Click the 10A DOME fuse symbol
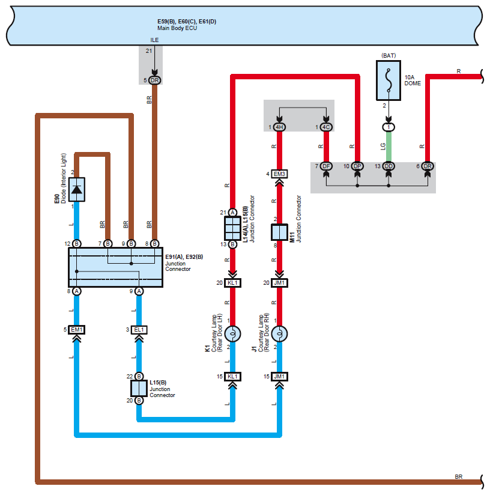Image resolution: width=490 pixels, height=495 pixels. tap(389, 82)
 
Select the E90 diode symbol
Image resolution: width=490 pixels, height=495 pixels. tap(77, 189)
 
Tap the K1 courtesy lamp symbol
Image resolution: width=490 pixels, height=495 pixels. tap(232, 333)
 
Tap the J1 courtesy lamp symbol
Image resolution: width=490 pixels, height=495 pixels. tap(279, 333)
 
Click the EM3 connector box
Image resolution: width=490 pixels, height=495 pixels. tap(279, 174)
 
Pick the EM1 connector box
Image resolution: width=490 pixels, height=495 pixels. tap(77, 330)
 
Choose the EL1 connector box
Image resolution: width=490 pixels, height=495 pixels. tap(139, 330)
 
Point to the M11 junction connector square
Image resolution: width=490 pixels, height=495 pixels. tap(279, 232)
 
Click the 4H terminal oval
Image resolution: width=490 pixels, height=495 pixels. tap(279, 127)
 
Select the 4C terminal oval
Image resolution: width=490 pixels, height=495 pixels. tap(325, 127)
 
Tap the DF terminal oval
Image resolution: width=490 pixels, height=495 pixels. tap(325, 166)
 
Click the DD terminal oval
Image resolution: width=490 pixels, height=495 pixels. tap(389, 166)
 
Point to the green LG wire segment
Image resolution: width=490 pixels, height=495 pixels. tap(389, 147)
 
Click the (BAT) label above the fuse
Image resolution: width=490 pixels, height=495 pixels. tap(389, 55)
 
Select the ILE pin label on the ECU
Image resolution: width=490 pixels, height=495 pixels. tap(154, 40)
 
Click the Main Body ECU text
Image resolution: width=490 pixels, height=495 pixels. tap(175, 28)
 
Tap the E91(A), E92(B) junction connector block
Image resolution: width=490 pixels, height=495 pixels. tap(115, 267)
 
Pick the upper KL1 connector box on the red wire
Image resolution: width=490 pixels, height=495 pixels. tap(232, 283)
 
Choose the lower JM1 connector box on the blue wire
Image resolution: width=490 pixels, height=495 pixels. tap(279, 377)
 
